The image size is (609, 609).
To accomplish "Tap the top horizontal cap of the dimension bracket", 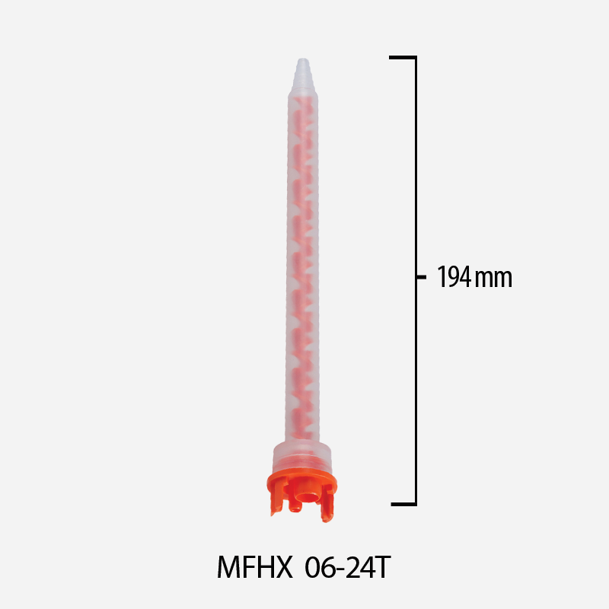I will click(x=403, y=57).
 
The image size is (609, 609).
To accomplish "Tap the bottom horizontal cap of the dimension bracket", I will click(x=403, y=503).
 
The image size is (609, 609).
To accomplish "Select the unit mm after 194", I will click(x=493, y=279).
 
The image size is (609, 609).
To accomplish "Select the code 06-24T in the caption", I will click(x=348, y=567).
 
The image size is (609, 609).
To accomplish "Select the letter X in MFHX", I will click(x=282, y=567).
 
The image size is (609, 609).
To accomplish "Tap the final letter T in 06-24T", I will click(x=383, y=567).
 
